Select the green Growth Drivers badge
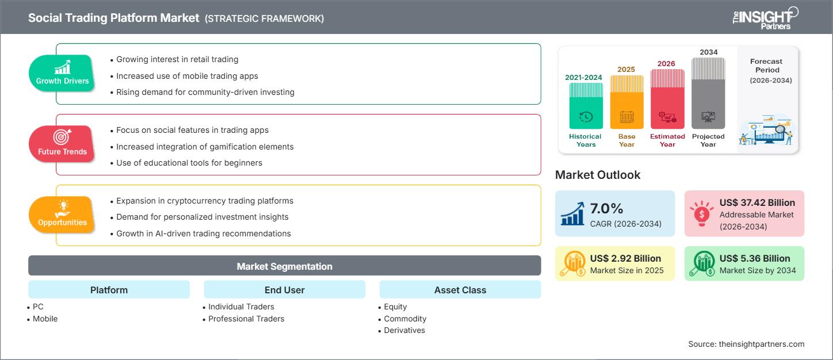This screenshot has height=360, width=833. click(62, 72)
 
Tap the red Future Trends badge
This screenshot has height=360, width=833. click(62, 143)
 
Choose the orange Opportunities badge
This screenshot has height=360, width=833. click(62, 215)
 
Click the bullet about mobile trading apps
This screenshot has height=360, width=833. click(187, 76)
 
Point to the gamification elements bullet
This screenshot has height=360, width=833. click(205, 147)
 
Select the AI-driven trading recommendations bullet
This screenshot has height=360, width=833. click(203, 233)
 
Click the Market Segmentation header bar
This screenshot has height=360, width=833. click(284, 266)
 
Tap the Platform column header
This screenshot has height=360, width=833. click(109, 290)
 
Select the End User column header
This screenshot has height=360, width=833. click(284, 290)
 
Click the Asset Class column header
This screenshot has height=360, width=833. click(460, 290)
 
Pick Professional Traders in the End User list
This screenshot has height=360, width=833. click(246, 319)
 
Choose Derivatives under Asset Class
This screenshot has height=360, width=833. click(404, 330)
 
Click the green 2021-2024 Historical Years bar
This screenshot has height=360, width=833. click(586, 106)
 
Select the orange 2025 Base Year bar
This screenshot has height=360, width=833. click(626, 102)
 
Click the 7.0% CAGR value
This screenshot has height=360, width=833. click(607, 208)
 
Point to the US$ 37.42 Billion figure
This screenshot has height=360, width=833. click(757, 202)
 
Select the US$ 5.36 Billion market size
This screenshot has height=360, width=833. click(755, 258)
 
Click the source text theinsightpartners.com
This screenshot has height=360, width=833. click(746, 344)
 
